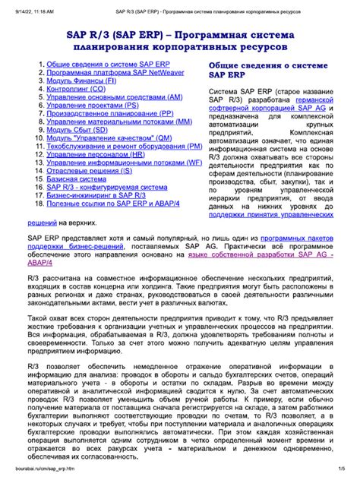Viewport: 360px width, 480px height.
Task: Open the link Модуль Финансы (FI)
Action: point(81,80)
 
